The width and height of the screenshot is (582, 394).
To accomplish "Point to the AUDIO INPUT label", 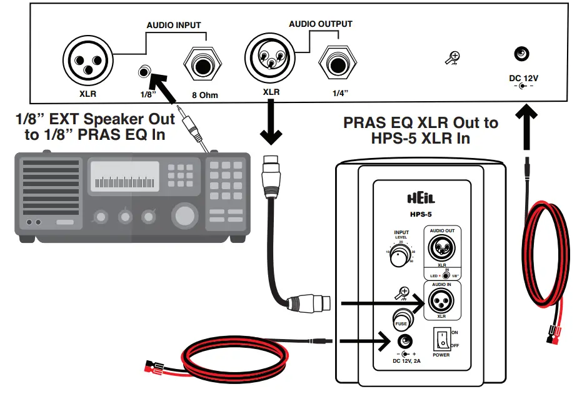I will coord(173,26).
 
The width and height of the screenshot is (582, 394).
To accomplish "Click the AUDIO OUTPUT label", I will coord(320,24).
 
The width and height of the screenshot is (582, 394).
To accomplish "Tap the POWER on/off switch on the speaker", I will coord(442,340).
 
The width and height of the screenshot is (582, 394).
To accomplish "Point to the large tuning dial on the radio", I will coord(184,216).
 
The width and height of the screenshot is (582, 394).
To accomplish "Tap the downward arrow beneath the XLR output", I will coord(271,125).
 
